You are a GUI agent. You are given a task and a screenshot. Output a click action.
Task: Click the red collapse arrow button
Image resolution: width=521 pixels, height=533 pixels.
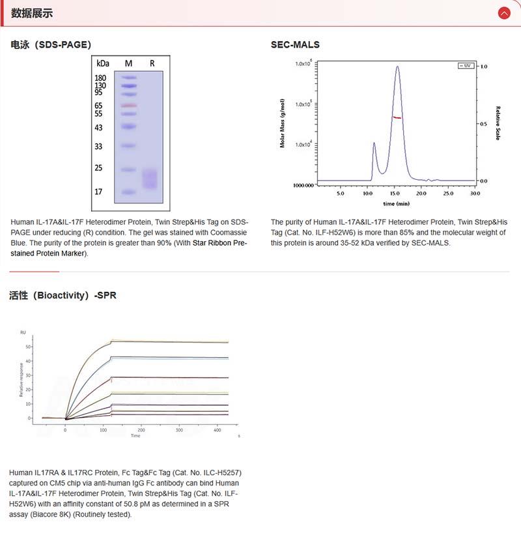[503, 13]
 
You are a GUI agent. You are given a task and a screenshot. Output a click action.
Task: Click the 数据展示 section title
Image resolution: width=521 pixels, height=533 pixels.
[32, 13]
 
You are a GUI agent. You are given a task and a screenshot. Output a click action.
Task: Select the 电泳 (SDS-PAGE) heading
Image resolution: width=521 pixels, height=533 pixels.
[51, 45]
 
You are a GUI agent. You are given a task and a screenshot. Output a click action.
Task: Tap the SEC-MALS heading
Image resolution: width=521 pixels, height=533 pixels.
[295, 45]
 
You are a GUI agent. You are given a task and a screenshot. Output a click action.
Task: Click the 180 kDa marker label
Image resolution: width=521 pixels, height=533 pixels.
[100, 78]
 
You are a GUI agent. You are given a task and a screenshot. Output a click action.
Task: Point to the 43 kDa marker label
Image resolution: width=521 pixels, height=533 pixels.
[98, 127]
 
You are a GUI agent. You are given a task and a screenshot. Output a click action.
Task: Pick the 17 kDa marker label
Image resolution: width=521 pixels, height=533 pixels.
[98, 192]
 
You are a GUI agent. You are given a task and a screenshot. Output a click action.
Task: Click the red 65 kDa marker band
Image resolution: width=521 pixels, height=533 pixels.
[128, 106]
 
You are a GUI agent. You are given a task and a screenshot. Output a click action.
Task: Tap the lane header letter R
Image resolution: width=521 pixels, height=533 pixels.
[152, 63]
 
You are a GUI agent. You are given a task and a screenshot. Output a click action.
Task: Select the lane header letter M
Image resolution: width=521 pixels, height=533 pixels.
[128, 63]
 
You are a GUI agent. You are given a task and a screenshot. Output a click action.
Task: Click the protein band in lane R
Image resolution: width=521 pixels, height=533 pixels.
[150, 179]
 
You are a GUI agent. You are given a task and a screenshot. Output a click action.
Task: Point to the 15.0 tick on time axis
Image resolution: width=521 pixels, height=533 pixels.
[395, 194]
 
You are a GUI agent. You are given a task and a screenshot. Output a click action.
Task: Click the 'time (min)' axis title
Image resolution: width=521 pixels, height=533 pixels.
[397, 204]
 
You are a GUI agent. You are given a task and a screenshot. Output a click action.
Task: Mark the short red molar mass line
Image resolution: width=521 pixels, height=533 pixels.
[397, 117]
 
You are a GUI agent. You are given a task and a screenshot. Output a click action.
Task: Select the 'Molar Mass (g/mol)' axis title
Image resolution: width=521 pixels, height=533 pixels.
[283, 123]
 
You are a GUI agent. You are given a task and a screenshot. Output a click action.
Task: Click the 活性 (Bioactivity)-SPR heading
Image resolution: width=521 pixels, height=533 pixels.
[63, 295]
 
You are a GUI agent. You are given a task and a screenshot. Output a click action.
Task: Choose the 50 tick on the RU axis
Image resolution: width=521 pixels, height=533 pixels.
[28, 347]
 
